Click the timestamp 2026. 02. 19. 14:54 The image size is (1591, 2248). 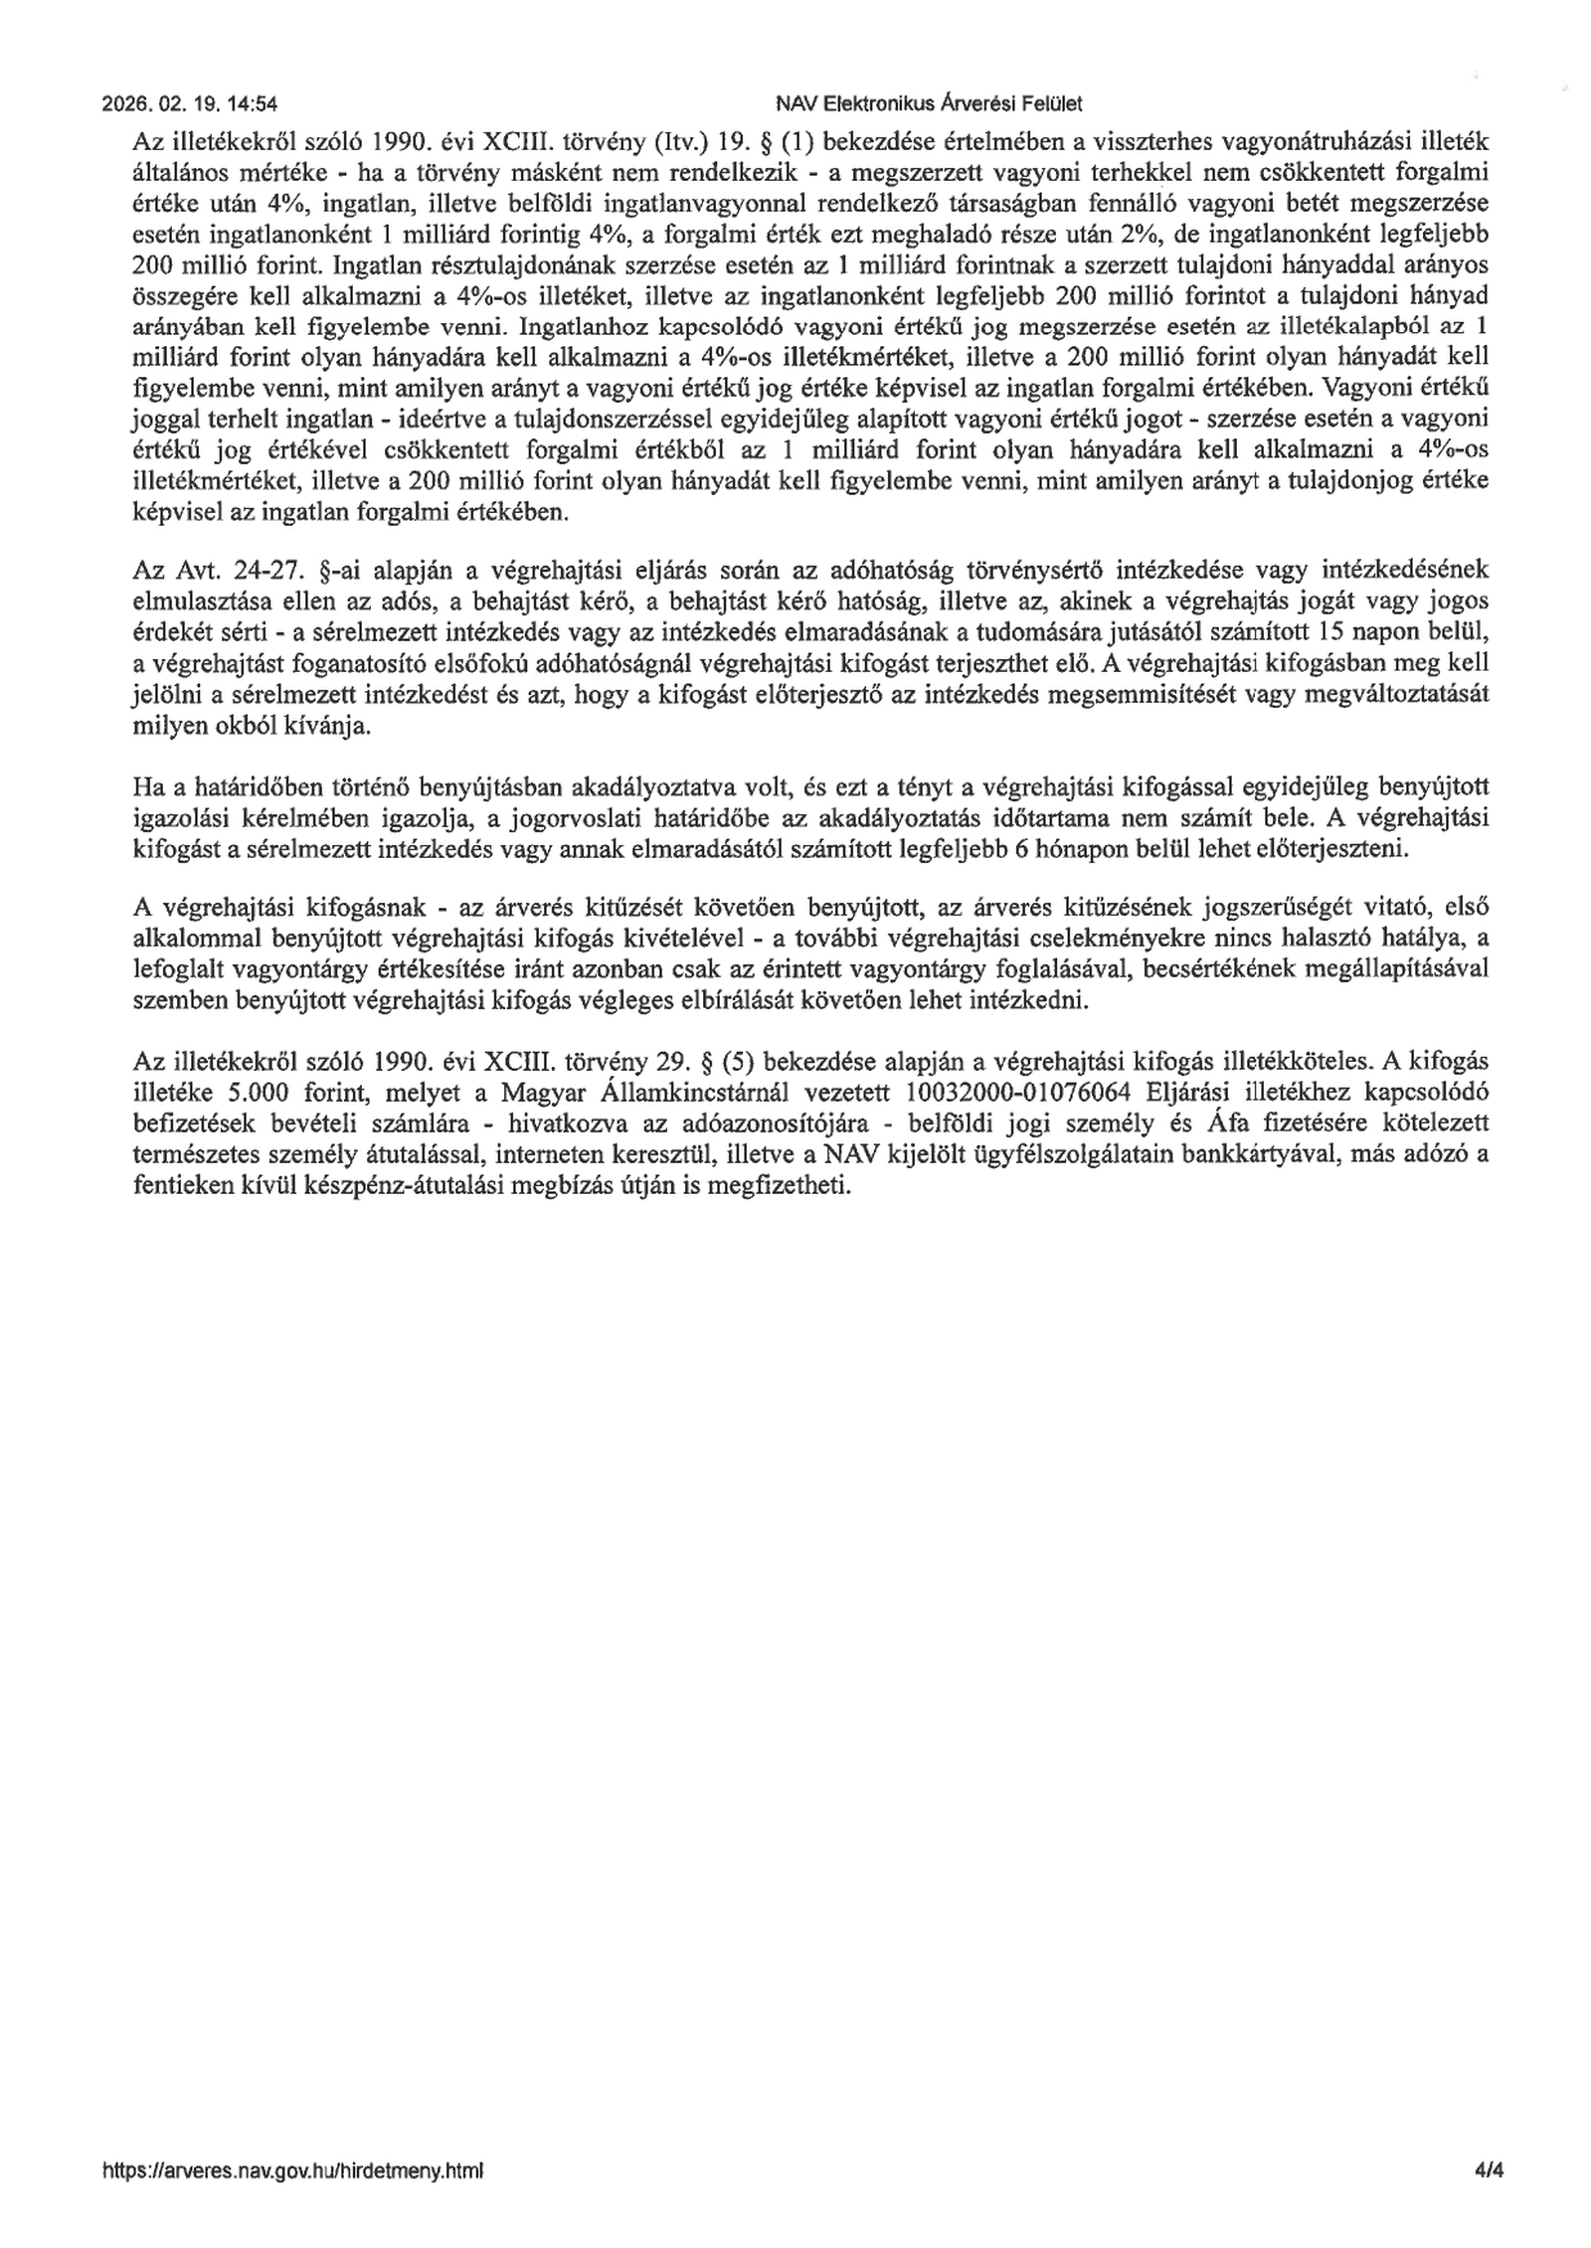click(189, 102)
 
